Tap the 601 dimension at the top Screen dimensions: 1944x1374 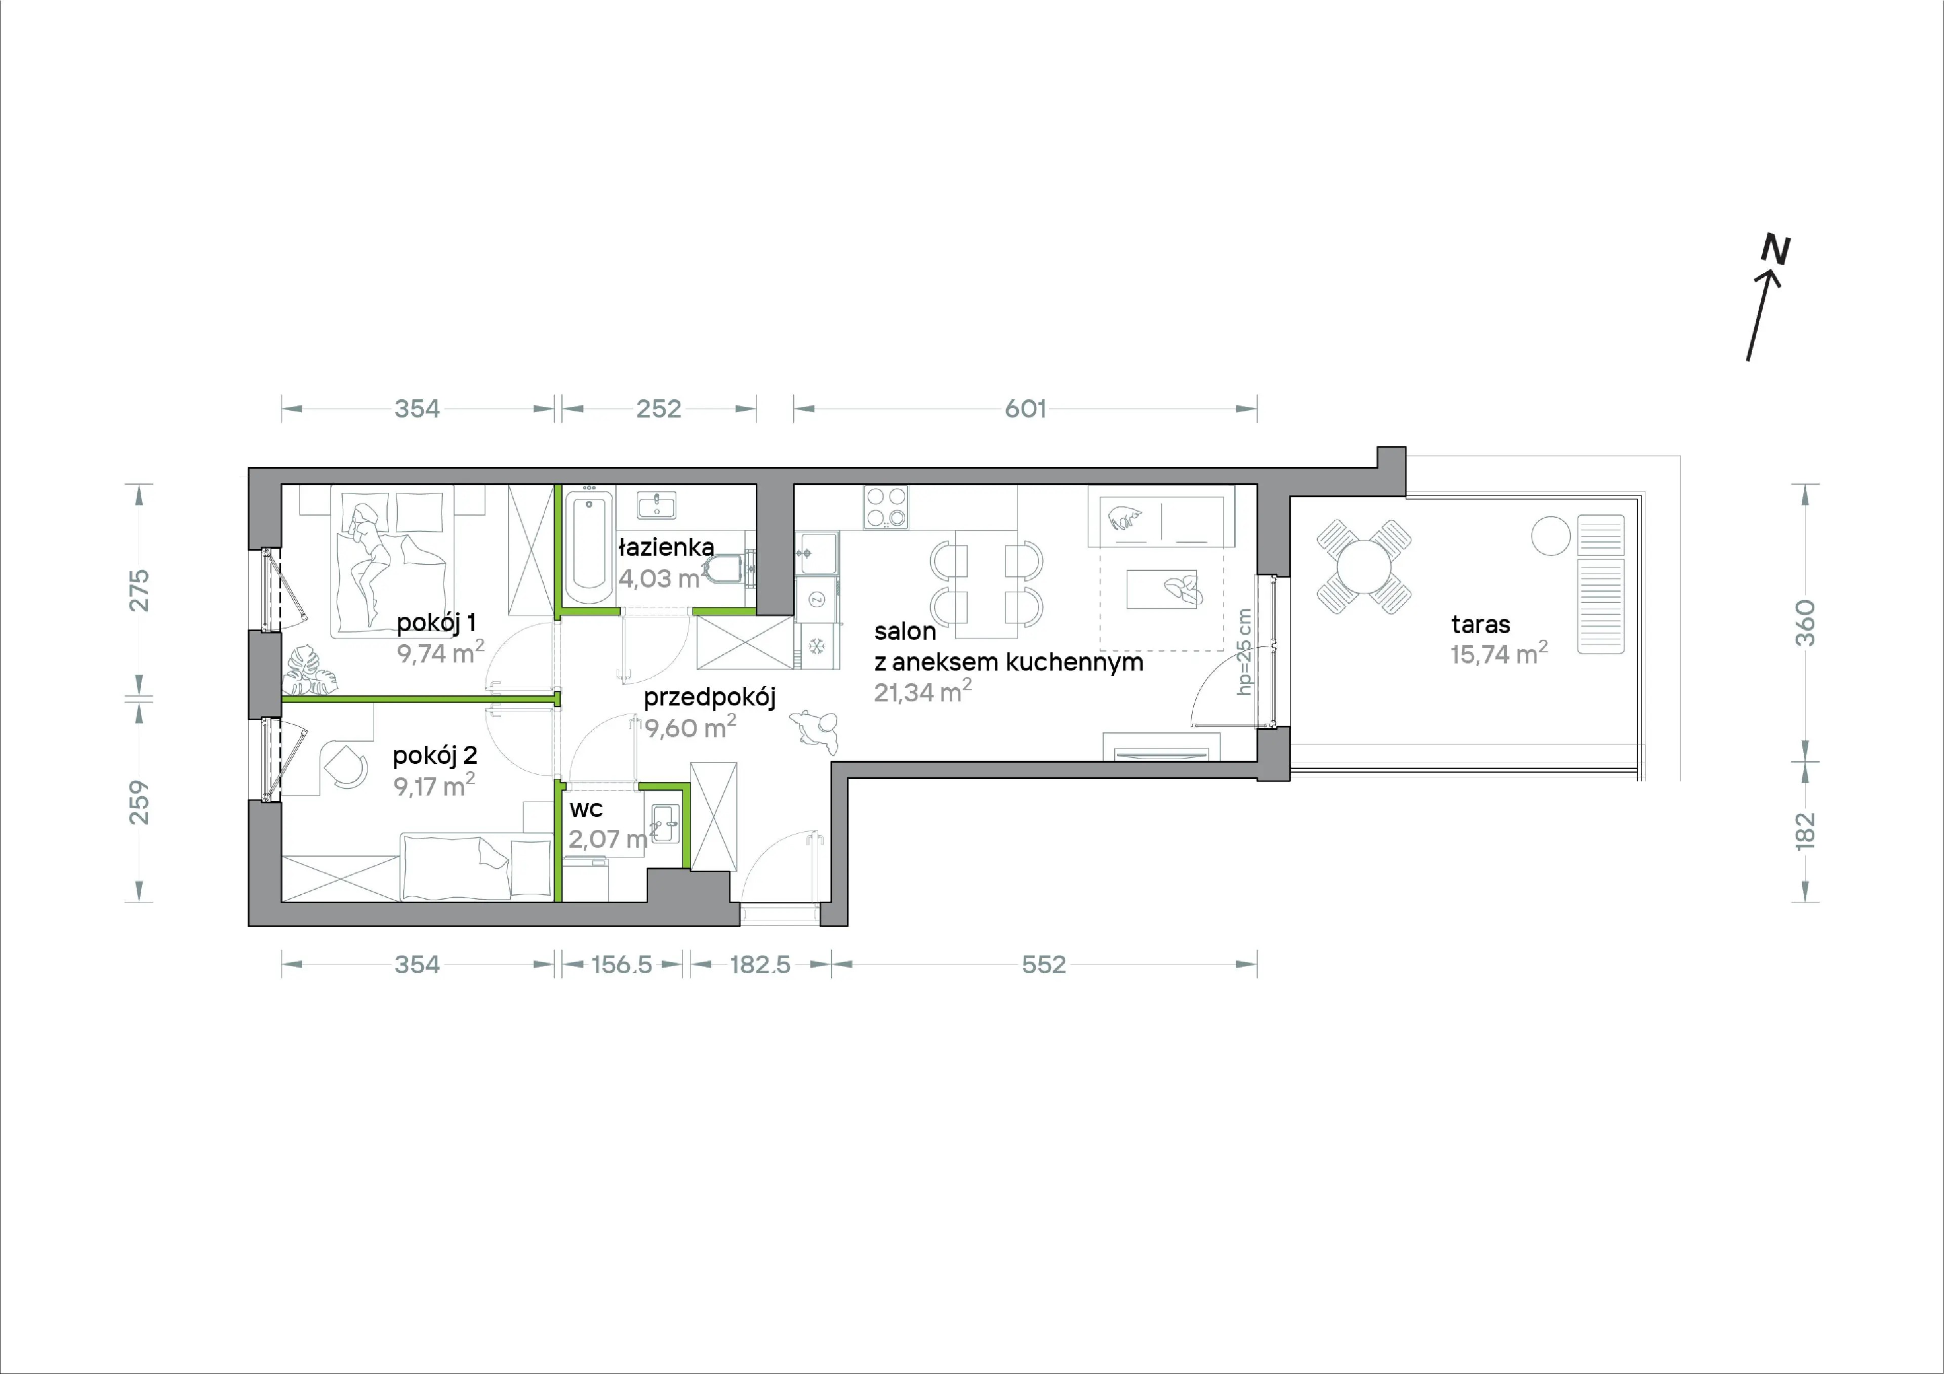click(1025, 409)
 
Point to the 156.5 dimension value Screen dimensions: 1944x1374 click(622, 964)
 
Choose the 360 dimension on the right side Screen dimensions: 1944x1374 click(1805, 622)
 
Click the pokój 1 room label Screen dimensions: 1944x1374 click(436, 623)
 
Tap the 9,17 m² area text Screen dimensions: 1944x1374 click(433, 784)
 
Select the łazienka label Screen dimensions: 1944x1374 click(666, 547)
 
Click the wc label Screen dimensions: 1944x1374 click(586, 809)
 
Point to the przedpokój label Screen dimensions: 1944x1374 click(710, 697)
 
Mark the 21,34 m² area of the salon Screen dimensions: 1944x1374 click(923, 691)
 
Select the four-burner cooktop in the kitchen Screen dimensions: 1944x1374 click(885, 507)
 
